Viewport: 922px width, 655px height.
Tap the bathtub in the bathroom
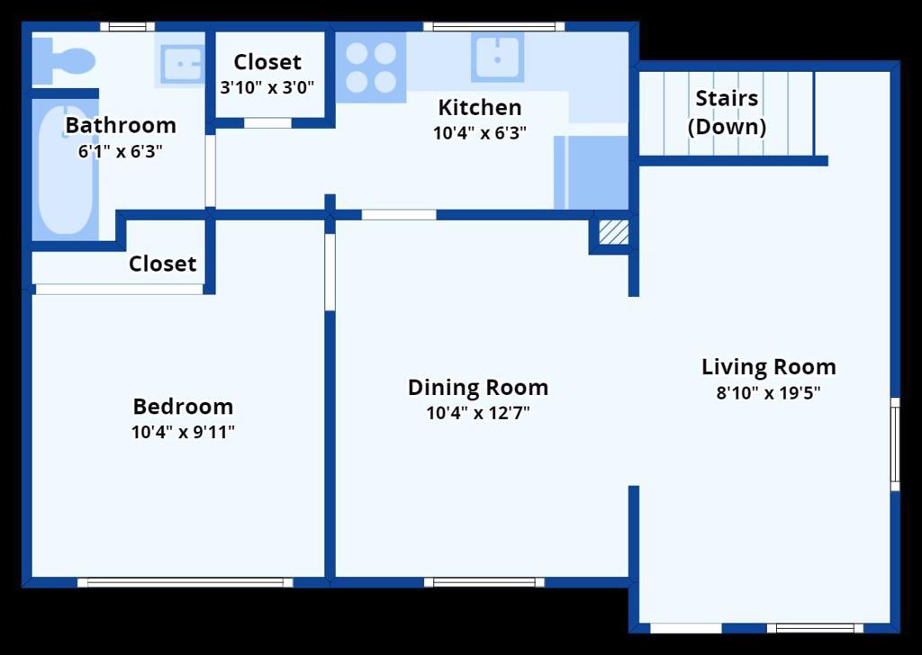pos(65,170)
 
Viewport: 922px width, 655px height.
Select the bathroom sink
pos(180,60)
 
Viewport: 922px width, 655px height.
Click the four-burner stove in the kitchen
pos(370,67)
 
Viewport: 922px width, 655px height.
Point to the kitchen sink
pos(497,57)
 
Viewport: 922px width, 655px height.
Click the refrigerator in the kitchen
pos(591,172)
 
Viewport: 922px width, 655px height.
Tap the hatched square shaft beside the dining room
pos(613,231)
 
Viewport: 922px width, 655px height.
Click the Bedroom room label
pos(183,407)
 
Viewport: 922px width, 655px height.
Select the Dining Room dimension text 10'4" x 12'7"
pos(478,413)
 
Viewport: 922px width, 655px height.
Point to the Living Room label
pos(769,367)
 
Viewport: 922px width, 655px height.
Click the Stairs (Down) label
pos(727,112)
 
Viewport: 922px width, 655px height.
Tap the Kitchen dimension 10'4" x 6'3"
pos(480,133)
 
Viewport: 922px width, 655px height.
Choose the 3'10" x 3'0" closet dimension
pos(267,87)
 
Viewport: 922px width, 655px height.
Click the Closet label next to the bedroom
pos(162,264)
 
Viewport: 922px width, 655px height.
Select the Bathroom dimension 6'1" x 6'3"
pos(120,151)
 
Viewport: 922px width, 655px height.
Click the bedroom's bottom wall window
pos(185,583)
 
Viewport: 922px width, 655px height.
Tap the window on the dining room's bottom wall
pos(484,582)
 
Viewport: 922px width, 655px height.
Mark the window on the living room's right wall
pos(895,444)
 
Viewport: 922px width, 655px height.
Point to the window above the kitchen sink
pos(494,26)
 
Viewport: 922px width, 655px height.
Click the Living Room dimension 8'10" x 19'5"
pos(768,393)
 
